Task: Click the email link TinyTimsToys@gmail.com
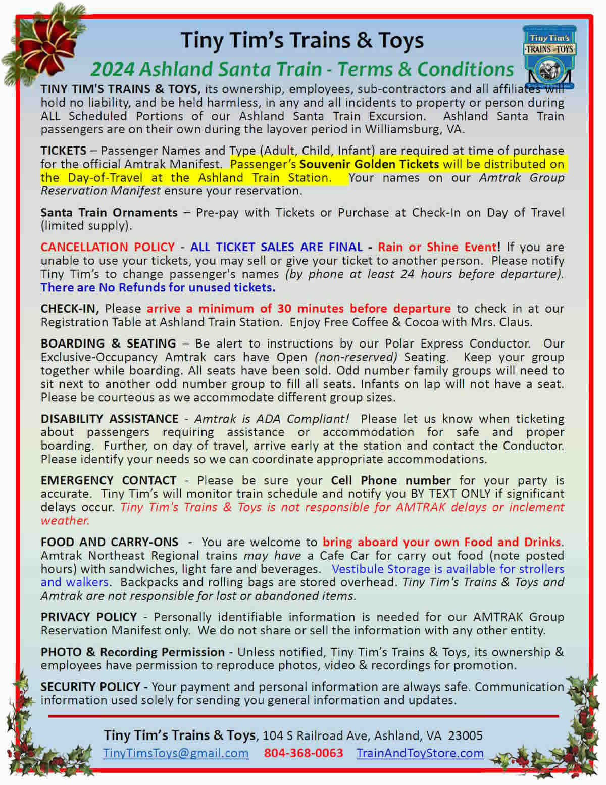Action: (x=176, y=753)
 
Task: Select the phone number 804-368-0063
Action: (x=303, y=753)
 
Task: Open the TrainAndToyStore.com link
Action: (x=420, y=753)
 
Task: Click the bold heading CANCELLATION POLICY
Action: (x=108, y=247)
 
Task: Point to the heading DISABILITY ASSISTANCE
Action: (x=109, y=419)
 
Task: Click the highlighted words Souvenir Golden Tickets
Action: (x=369, y=164)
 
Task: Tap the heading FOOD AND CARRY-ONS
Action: (x=109, y=542)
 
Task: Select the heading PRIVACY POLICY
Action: (x=89, y=617)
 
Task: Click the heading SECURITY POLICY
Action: (x=90, y=686)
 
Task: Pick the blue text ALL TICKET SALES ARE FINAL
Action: (x=276, y=247)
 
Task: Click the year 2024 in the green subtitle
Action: (x=113, y=69)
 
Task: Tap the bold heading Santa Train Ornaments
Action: (x=109, y=213)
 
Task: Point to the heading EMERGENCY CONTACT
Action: (x=109, y=480)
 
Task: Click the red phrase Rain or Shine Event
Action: (x=437, y=247)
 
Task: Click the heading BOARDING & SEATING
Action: (x=108, y=344)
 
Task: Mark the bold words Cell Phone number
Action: (x=391, y=480)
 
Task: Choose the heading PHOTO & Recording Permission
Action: (x=132, y=652)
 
